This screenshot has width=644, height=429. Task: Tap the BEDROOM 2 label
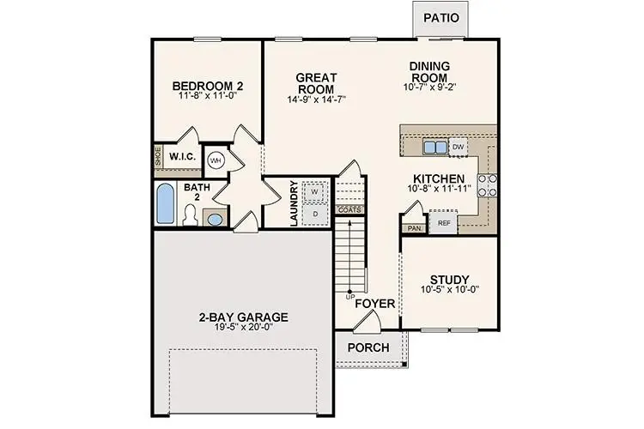click(x=208, y=86)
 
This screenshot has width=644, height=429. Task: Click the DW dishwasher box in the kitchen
click(x=458, y=147)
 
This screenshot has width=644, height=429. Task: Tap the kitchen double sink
click(x=434, y=147)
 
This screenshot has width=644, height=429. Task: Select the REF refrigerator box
click(x=444, y=223)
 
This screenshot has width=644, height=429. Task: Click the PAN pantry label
click(x=414, y=228)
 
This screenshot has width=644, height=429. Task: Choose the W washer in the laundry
click(x=314, y=191)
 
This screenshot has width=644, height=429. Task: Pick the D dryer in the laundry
click(x=314, y=212)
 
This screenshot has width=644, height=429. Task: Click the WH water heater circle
click(x=216, y=160)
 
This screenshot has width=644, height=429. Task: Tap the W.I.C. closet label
click(x=182, y=158)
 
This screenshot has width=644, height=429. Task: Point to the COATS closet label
click(x=349, y=209)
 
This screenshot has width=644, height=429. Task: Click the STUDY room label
click(x=449, y=280)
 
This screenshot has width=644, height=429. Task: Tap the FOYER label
click(x=374, y=304)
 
